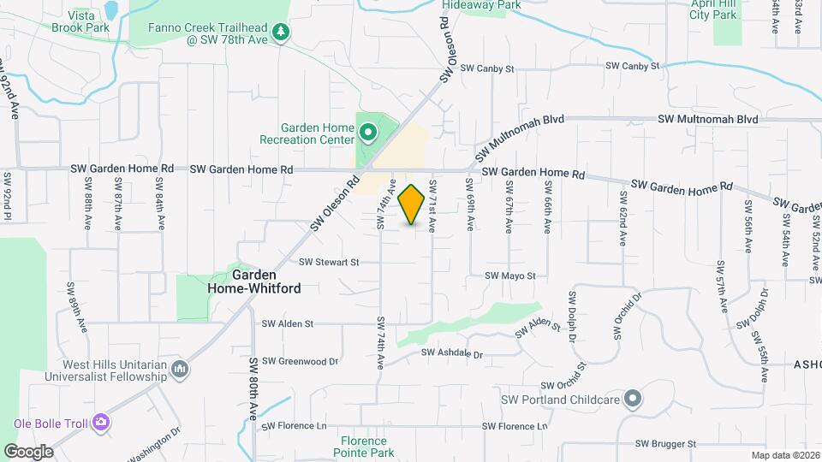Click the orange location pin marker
pos(412,204)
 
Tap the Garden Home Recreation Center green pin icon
pos(368,133)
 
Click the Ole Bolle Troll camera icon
pos(101,422)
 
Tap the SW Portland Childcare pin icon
pos(632,399)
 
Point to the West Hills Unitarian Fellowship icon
pos(180,370)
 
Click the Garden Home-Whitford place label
pos(254,282)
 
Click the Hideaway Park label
pos(481,5)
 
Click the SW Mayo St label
pos(509,276)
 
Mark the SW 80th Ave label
pos(253,388)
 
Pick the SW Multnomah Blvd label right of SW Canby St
pos(708,120)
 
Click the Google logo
pos(29,451)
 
